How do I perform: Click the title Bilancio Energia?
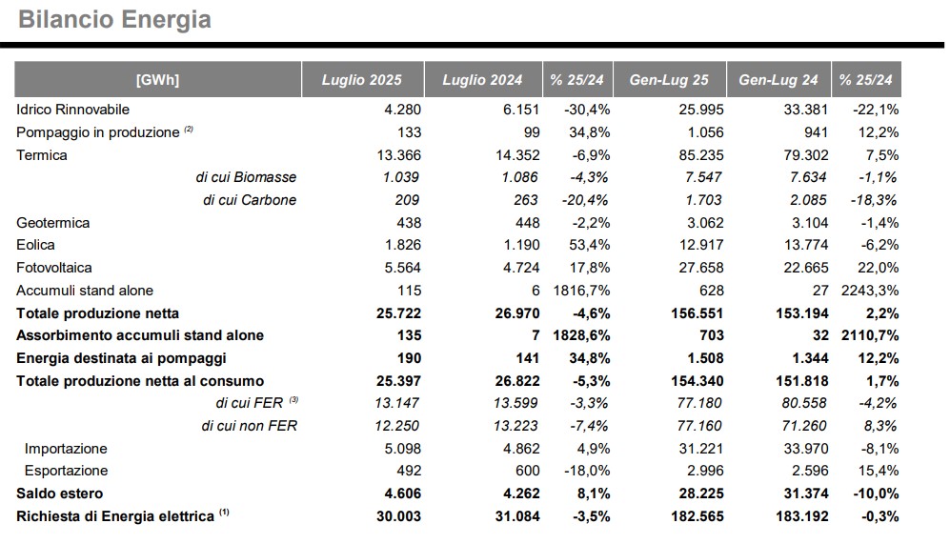coord(114,19)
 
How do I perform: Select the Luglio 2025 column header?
coord(362,80)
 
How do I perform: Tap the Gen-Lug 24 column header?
coord(778,80)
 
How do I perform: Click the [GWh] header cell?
coord(157,80)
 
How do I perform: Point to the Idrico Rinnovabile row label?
coord(72,110)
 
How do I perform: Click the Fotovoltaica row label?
coord(54,268)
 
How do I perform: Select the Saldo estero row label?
coord(59,494)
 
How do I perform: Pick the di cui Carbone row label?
coord(250,200)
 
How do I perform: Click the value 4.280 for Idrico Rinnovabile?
coord(402,110)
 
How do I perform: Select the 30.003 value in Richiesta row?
coord(398,516)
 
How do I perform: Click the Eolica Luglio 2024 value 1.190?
coord(521,245)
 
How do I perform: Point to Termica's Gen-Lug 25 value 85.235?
coord(701,155)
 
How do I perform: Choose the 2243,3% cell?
coord(870,291)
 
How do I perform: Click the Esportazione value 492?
coord(409,471)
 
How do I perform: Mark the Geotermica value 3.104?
coord(810,223)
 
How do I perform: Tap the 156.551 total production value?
coord(697,313)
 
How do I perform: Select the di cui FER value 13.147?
coord(396,403)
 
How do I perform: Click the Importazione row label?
coord(66,449)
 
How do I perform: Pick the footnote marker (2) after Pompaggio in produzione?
coord(189,129)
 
